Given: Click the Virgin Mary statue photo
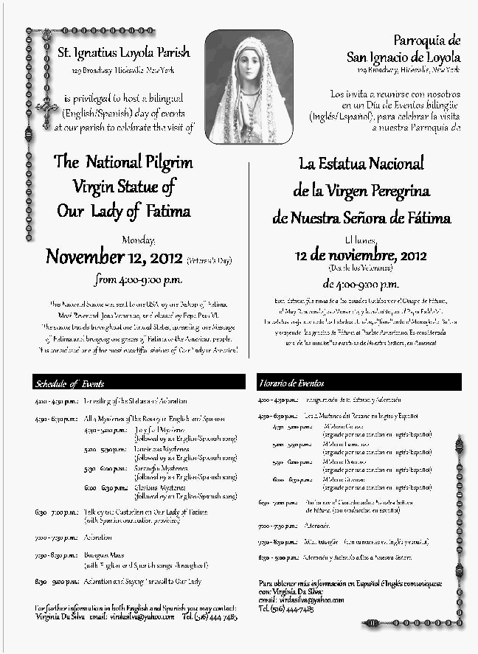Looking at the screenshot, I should click(249, 87).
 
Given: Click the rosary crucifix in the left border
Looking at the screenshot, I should click(48, 111).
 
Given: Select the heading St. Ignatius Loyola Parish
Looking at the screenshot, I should click(124, 52).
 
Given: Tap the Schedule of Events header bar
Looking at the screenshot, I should click(139, 383).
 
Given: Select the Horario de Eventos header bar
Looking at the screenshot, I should click(359, 383).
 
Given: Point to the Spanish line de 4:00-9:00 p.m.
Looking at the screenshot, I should click(361, 284).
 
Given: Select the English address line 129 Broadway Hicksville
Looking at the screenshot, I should click(124, 71).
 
